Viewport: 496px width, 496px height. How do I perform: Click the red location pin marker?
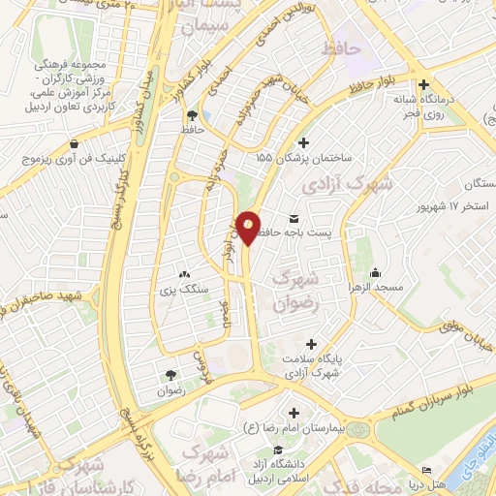click(248, 227)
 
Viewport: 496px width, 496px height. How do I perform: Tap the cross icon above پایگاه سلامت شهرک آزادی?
click(310, 344)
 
